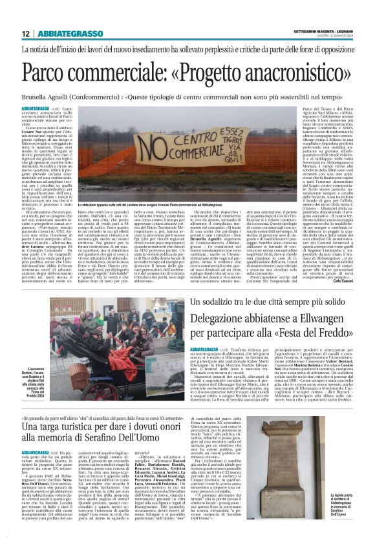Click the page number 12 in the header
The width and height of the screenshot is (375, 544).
click(x=25, y=34)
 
